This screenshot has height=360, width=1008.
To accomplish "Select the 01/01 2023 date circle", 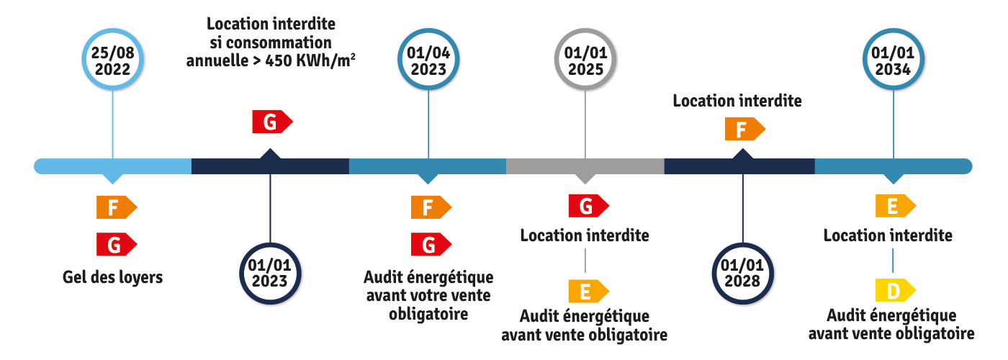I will (269, 273).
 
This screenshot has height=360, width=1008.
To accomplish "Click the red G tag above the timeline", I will (271, 122).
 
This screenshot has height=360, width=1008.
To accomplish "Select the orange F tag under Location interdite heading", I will (743, 130).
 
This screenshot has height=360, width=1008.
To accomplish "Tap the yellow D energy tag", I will (894, 291).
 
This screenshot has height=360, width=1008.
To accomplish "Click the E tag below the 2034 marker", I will (894, 207).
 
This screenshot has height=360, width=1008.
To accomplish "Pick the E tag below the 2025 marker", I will (586, 291).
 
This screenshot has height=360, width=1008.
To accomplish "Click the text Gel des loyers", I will (112, 277).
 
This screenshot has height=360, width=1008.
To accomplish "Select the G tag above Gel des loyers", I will (114, 245).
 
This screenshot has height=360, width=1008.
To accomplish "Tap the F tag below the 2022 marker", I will (114, 207).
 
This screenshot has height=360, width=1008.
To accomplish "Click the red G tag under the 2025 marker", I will (586, 207).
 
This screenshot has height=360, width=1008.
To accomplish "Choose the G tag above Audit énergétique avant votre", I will (429, 245).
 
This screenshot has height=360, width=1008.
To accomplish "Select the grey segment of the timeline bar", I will (585, 166).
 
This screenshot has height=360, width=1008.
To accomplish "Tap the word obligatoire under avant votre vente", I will (428, 314).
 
